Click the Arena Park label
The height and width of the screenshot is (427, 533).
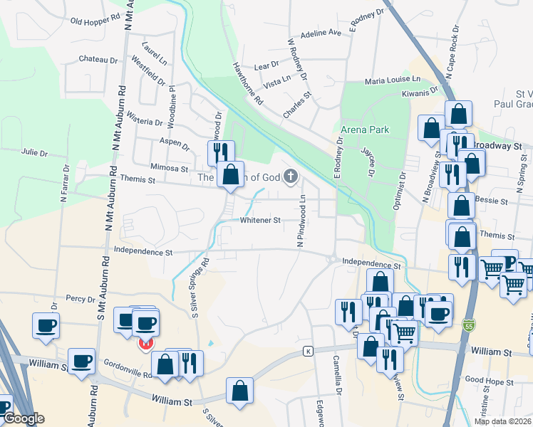click(x=365, y=130)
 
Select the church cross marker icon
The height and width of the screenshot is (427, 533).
click(x=290, y=176)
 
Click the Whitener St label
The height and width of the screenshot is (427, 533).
click(x=260, y=221)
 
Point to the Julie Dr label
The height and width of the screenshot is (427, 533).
click(x=34, y=153)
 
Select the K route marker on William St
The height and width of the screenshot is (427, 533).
click(x=308, y=351)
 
